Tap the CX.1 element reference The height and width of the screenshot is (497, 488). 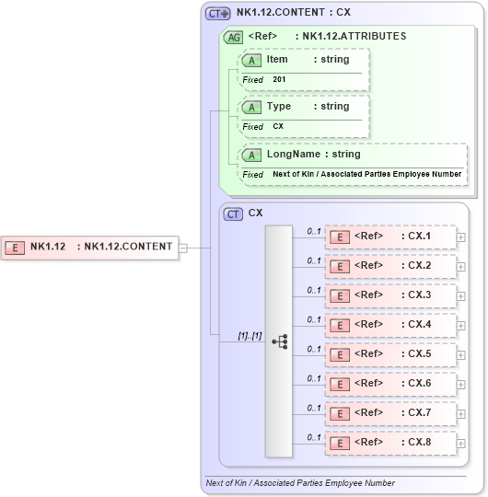coord(390,237)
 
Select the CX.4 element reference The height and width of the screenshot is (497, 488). coord(390,325)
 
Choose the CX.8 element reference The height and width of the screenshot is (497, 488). coord(390,443)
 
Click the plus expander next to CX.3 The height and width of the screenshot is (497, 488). coord(460,296)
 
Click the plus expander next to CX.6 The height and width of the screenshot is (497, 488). coord(460,385)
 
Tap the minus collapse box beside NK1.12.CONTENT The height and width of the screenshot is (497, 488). coord(183,247)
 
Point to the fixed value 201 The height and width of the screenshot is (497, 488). coord(279,80)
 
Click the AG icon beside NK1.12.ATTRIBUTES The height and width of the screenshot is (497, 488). coord(234,38)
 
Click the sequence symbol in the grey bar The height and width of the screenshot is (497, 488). coord(279,341)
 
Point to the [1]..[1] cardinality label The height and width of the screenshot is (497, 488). coord(250,335)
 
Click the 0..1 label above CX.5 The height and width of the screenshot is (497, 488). coord(314,349)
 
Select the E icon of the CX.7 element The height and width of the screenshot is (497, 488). coord(340,413)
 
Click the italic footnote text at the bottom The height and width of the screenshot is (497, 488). coord(300,483)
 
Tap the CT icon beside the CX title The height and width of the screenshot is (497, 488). coord(234,214)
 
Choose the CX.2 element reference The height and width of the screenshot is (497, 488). coord(390,266)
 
